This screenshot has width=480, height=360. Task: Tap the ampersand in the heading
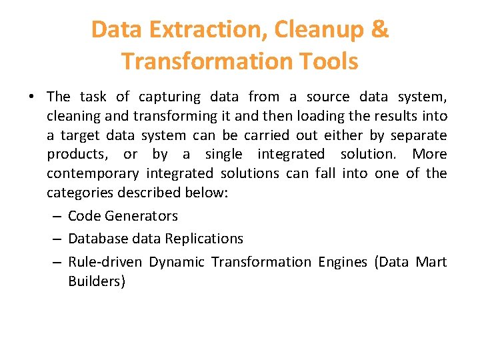(381, 30)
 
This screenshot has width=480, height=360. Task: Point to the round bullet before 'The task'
(32, 97)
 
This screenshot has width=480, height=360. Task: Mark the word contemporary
(93, 174)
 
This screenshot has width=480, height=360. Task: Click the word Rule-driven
(105, 262)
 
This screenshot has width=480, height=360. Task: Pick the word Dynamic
(177, 262)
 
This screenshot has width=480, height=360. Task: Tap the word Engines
(342, 262)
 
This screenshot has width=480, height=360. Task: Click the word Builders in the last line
(96, 281)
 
